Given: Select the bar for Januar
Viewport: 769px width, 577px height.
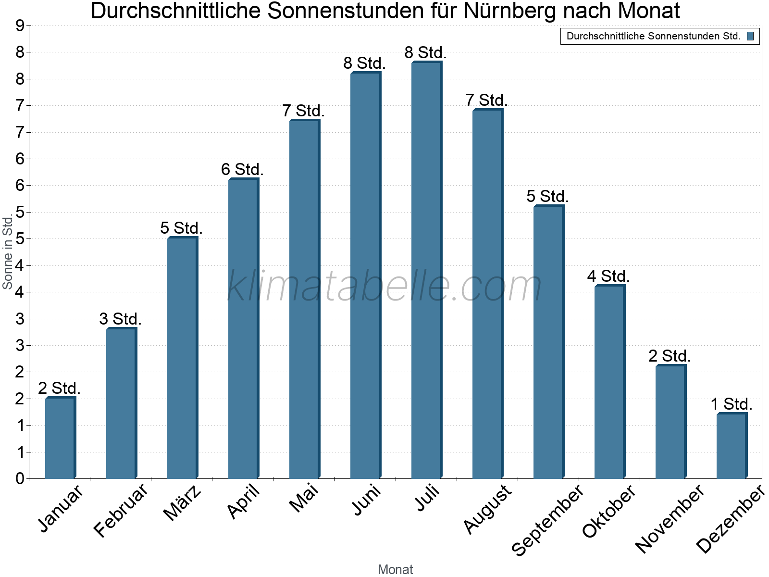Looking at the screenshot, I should click(60, 438).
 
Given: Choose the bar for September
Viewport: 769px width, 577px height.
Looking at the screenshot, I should click(548, 342).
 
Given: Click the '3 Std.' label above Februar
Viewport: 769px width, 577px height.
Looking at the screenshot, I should click(121, 319).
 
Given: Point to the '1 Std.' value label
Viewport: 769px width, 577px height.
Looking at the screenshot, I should click(732, 404).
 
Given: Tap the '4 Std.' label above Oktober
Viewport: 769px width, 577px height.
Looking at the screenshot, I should click(608, 276).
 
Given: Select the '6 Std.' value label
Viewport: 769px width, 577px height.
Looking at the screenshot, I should click(243, 170).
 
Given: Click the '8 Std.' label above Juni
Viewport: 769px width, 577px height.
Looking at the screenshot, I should click(365, 63).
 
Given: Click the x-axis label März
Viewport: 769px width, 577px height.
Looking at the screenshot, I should click(182, 503).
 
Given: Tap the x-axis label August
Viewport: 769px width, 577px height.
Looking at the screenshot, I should click(488, 509).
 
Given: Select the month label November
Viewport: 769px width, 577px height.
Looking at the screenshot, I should click(670, 518).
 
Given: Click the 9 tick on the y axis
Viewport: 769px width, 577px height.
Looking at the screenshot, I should click(20, 26).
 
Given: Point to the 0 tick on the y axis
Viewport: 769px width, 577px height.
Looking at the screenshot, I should click(20, 478).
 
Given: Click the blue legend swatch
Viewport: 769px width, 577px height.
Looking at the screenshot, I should click(750, 36).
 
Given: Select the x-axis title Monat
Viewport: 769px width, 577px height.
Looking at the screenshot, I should click(395, 569).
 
